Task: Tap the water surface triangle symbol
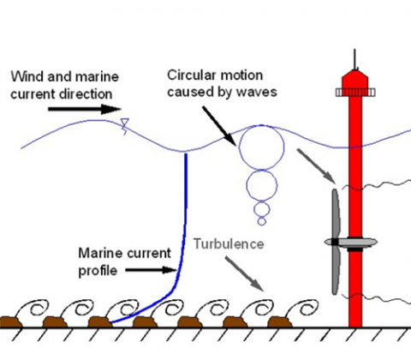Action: (x=125, y=124)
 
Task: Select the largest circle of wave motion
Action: (x=261, y=147)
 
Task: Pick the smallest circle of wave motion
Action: (x=262, y=221)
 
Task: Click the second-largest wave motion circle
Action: (x=262, y=184)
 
